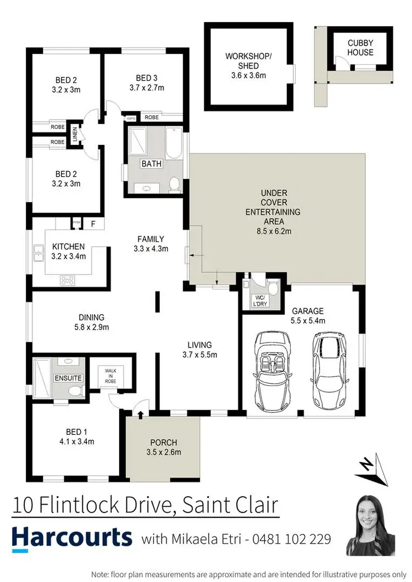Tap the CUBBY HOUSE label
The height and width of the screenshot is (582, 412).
[360, 48]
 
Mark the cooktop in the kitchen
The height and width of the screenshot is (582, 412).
[68, 280]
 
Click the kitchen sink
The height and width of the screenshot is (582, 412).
[38, 255]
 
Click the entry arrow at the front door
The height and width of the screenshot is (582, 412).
[140, 415]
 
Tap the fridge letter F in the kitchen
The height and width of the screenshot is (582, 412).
[93, 223]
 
